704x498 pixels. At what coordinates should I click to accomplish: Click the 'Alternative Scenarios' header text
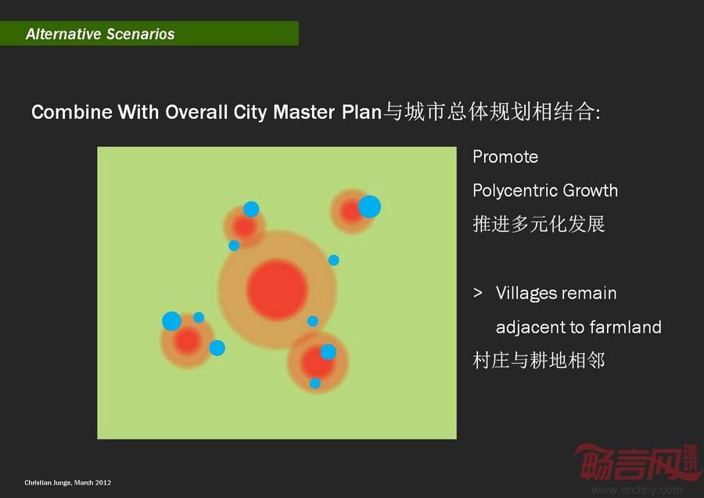click(100, 34)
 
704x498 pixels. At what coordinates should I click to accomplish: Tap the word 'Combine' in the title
click(72, 112)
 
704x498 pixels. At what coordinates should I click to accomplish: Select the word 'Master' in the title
click(304, 112)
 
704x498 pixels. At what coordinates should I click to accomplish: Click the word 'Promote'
click(505, 157)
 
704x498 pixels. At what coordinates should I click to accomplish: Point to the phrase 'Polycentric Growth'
click(545, 190)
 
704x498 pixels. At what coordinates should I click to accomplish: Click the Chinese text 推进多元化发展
click(539, 224)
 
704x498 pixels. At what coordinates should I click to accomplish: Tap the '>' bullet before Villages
click(478, 293)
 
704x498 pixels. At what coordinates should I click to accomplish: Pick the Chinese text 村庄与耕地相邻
click(539, 360)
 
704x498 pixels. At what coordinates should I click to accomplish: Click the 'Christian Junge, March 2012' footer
click(68, 482)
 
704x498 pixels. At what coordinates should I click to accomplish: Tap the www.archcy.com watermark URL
click(637, 490)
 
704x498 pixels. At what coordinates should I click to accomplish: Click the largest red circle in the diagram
click(277, 290)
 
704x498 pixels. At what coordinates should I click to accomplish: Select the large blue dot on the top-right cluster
click(369, 207)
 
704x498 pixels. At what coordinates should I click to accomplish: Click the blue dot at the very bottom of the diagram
click(315, 384)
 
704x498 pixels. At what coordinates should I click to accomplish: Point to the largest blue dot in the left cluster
click(171, 321)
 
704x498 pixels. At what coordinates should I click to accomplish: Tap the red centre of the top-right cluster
click(350, 211)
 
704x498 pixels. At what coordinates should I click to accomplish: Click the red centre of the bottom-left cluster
click(187, 341)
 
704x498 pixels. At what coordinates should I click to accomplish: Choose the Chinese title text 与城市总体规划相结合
click(490, 112)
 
